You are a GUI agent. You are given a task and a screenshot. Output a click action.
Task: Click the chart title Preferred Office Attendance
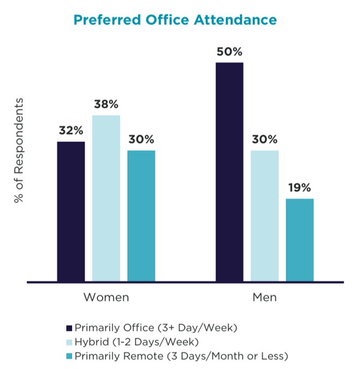click(175, 20)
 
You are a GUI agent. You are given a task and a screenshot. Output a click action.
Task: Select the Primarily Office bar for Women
click(71, 211)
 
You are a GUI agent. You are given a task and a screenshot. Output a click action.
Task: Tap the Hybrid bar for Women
click(106, 198)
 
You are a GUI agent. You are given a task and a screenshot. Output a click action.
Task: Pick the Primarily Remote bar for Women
click(141, 215)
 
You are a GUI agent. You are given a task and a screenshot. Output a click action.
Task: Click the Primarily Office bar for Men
click(230, 172)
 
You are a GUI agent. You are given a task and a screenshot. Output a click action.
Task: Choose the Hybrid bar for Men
click(265, 215)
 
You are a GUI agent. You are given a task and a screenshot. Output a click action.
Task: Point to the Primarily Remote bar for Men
click(300, 240)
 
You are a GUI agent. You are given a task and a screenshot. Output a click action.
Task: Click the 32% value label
click(71, 130)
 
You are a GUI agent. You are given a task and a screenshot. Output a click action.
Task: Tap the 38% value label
click(106, 104)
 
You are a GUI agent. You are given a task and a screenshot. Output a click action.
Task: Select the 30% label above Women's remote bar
click(141, 139)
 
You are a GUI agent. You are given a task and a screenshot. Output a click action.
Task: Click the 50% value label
click(230, 52)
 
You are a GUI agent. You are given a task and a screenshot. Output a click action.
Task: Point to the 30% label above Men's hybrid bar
click(265, 139)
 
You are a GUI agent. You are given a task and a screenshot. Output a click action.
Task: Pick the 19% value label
click(300, 187)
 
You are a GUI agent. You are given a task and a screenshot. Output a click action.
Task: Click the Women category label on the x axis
click(106, 297)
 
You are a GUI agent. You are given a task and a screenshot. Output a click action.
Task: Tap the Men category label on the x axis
click(264, 297)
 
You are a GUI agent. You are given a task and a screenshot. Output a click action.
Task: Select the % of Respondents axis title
click(19, 150)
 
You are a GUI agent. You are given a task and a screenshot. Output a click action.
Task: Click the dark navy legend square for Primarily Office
click(68, 328)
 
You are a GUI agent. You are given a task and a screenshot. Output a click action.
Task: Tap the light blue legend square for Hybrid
click(68, 342)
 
